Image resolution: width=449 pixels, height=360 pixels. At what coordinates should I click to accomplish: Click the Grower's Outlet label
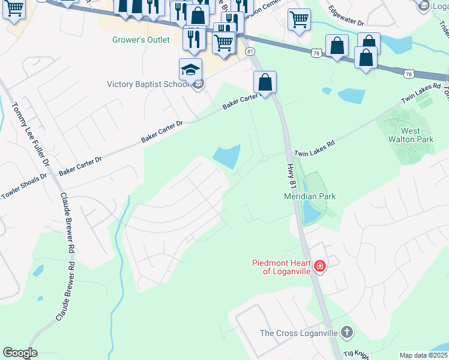point(141,40)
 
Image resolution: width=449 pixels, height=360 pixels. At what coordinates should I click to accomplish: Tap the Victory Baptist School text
point(148,84)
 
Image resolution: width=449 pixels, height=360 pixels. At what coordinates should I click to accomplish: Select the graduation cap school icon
point(190,70)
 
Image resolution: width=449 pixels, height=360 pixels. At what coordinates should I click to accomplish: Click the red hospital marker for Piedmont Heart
point(320,266)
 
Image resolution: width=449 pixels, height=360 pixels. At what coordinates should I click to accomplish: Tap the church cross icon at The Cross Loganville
point(346,332)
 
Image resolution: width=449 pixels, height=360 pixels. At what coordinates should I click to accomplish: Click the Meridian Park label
point(309,196)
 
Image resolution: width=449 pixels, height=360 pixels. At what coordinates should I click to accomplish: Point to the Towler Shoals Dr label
point(23,185)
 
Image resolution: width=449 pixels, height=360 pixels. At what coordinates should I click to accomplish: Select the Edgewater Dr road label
point(346,16)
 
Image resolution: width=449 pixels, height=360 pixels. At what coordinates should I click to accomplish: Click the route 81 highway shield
point(250,52)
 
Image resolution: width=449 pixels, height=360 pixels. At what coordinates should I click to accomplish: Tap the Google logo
point(20,353)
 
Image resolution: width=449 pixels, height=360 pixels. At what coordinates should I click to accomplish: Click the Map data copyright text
point(424,355)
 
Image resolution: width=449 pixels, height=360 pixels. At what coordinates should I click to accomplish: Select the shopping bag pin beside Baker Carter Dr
point(264,82)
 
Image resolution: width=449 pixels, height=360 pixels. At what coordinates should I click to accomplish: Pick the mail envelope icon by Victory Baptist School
point(198,84)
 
